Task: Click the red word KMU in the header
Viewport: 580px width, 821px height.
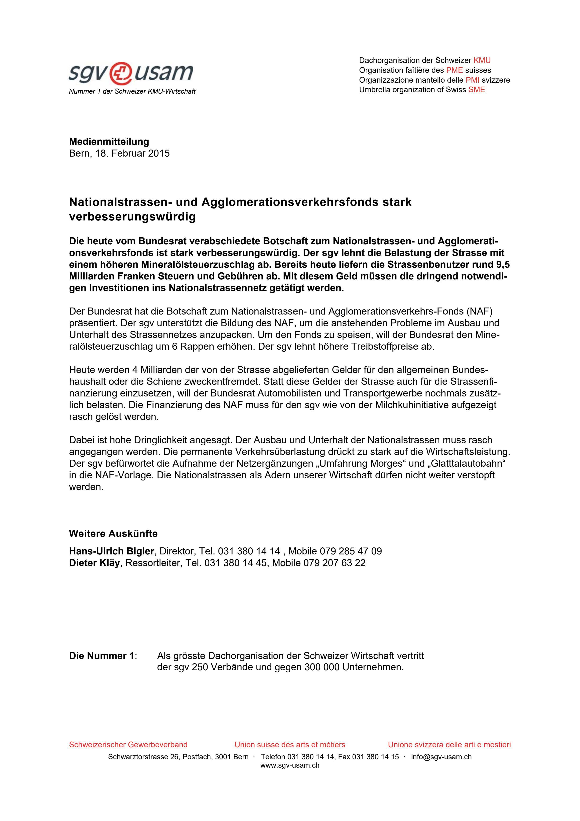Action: click(x=482, y=60)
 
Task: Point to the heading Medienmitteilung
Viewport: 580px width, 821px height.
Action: click(x=109, y=142)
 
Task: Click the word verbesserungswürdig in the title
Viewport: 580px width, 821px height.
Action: click(x=132, y=217)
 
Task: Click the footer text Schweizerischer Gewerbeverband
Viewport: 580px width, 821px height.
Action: click(x=128, y=744)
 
